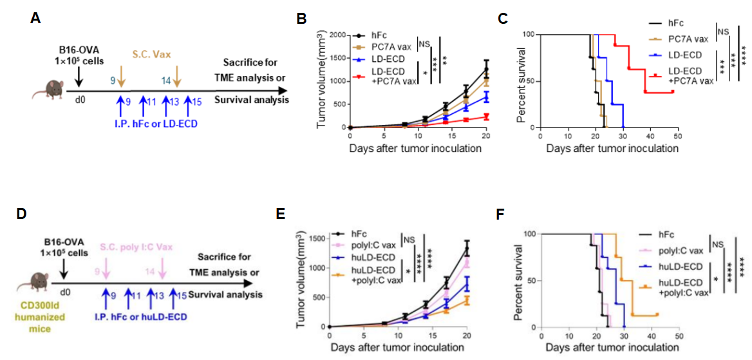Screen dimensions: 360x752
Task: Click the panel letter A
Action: pos(36,19)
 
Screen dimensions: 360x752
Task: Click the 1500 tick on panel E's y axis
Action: pos(316,238)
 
